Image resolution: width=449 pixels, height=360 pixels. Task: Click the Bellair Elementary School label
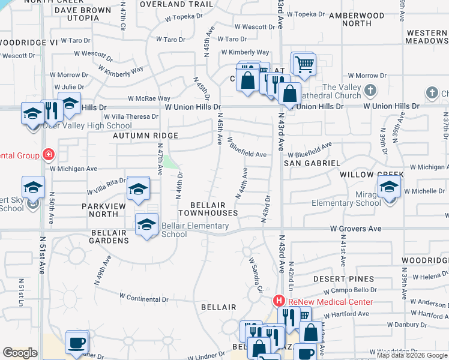tap(195, 230)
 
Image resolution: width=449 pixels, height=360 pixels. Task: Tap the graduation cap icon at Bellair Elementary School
tap(146, 225)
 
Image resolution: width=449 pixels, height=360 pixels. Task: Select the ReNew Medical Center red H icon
tap(279, 301)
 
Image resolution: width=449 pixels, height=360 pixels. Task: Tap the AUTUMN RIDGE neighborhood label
tap(145, 136)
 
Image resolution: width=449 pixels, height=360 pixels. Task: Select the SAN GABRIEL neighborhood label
tap(312, 163)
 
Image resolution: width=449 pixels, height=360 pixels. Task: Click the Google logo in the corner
tap(20, 353)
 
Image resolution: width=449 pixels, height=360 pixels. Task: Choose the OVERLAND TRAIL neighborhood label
tap(168, 4)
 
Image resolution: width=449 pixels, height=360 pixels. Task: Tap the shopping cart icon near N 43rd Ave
tap(304, 64)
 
